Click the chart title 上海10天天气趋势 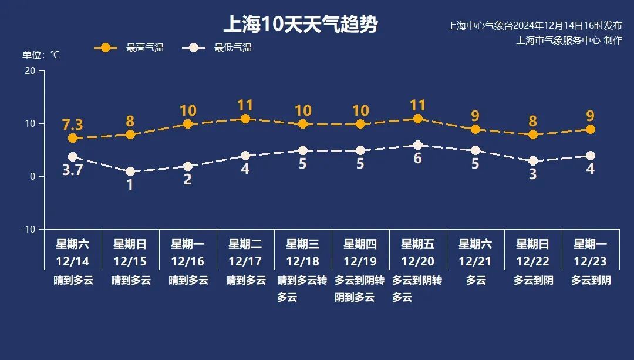click(300, 25)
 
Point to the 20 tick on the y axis click(30, 70)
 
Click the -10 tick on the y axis click(28, 229)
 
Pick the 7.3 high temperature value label click(73, 125)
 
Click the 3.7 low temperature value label click(73, 171)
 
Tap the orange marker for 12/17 click(245, 119)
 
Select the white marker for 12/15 click(130, 171)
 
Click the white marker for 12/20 click(418, 145)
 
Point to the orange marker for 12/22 click(533, 134)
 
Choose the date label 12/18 click(303, 261)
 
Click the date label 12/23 click(591, 261)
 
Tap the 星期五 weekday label click(418, 244)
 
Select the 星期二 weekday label click(245, 244)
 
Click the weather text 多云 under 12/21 click(475, 281)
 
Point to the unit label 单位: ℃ click(41, 55)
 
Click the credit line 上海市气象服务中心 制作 click(568, 41)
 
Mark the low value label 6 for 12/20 click(418, 159)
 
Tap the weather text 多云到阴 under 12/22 click(533, 281)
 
